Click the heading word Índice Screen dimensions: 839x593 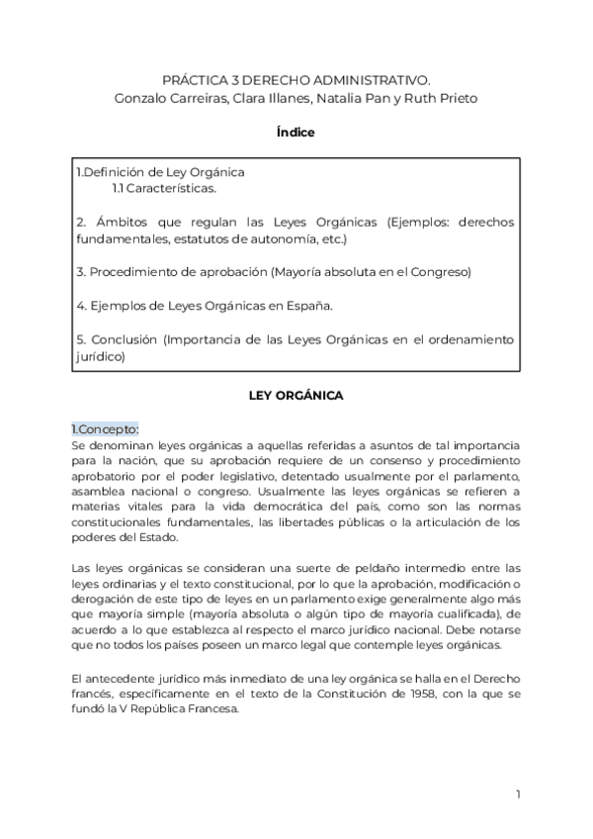coord(296,133)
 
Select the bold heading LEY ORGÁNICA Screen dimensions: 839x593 coord(296,396)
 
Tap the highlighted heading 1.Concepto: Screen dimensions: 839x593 coord(104,429)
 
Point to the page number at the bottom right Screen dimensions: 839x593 coord(517,793)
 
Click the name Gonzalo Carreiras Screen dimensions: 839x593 coord(132,97)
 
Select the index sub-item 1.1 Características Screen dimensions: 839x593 coord(163,188)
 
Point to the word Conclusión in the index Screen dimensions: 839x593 coord(126,339)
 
